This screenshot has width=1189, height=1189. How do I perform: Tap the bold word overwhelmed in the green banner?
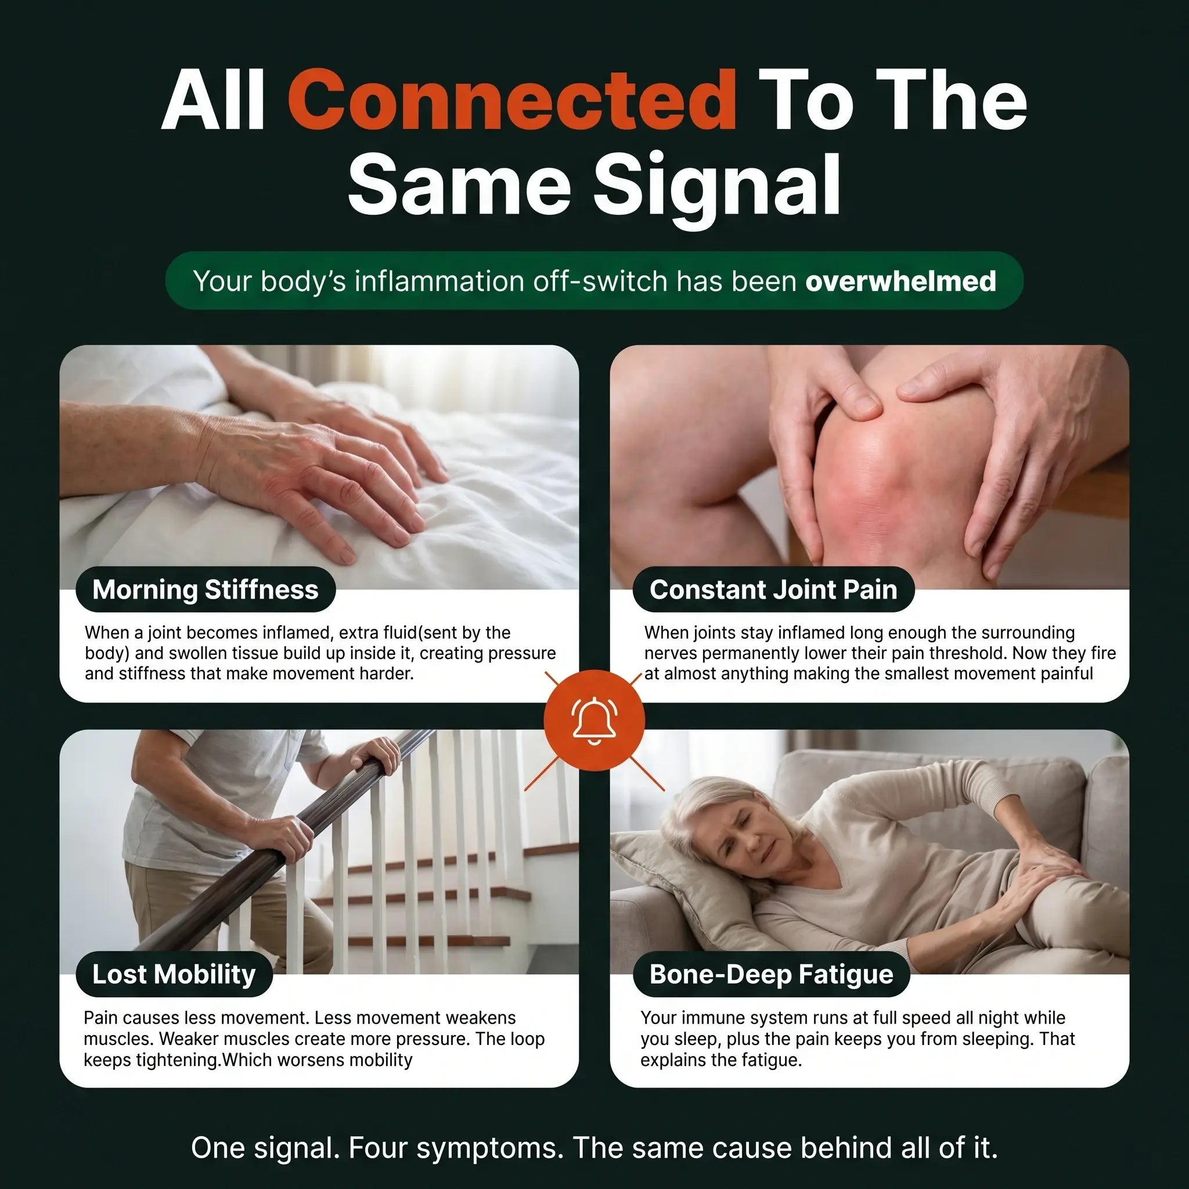point(900,281)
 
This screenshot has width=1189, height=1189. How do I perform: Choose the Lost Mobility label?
point(174,974)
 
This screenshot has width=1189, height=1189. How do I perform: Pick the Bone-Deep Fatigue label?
point(771,974)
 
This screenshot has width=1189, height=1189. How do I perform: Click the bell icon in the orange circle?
point(594,719)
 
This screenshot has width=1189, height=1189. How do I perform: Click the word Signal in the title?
point(718,184)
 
